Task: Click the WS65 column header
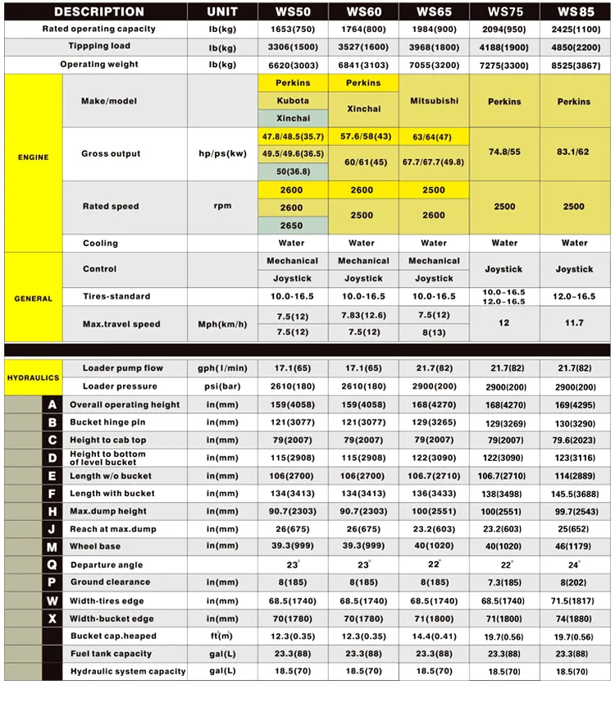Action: [433, 11]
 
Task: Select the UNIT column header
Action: [222, 11]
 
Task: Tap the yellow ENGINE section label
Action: [33, 157]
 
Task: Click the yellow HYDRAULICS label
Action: [33, 377]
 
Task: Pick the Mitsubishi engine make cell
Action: [433, 101]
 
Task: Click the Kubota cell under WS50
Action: [293, 101]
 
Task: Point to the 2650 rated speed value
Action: [292, 226]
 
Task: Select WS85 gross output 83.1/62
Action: [574, 153]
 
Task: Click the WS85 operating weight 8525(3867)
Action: [574, 64]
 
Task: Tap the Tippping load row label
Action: [99, 47]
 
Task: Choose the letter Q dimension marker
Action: [52, 564]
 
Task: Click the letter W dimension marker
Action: [52, 600]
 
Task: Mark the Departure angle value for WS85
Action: [574, 565]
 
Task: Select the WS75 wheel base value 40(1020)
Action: [504, 546]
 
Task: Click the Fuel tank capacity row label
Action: [111, 654]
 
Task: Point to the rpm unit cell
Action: [222, 207]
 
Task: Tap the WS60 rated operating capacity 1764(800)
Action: [362, 29]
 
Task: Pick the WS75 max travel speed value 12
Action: [504, 323]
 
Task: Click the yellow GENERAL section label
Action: [33, 299]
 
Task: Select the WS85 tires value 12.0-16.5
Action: [574, 296]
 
